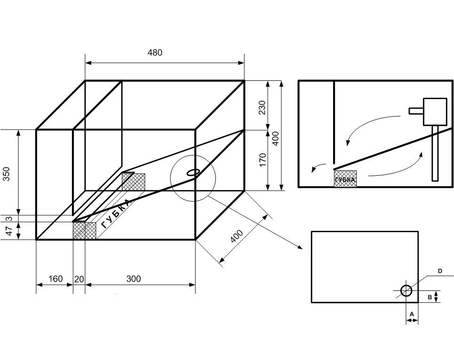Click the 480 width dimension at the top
[155, 53]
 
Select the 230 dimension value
[263, 107]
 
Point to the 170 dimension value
[263, 159]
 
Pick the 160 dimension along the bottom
[55, 279]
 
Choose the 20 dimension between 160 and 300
[79, 279]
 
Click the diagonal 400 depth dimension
[237, 236]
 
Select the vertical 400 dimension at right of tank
[276, 138]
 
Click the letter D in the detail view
[440, 271]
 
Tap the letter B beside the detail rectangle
[430, 297]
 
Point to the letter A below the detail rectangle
[412, 313]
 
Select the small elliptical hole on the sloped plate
[193, 172]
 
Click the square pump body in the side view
[435, 111]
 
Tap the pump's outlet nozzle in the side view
[416, 111]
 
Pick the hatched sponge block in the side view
[345, 179]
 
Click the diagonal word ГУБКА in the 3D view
[115, 213]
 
